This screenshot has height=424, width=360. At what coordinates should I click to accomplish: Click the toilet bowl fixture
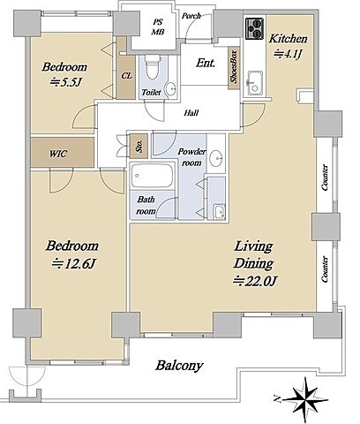[153, 67]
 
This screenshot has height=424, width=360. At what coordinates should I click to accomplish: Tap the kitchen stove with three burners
[255, 28]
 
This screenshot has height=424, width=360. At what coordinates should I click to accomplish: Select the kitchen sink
[255, 83]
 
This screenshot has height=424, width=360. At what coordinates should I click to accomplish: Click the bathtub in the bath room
[152, 176]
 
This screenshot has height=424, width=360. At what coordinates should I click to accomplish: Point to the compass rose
[305, 399]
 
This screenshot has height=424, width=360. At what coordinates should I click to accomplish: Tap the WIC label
[58, 154]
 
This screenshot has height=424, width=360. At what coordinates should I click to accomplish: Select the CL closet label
[126, 76]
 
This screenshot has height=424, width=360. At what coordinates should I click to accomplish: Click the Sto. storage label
[139, 146]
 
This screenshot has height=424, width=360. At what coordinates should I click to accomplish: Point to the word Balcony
[179, 366]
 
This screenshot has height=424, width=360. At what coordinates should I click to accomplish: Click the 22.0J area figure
[255, 281]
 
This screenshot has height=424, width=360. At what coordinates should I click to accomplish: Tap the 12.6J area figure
[74, 263]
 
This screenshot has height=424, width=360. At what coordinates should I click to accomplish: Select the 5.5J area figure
[65, 82]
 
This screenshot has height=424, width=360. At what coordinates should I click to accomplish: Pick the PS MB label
[158, 27]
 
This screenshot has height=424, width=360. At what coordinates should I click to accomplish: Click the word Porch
[191, 16]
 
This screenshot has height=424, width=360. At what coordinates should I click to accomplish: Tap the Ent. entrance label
[206, 63]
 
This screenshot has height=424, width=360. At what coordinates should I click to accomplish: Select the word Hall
[191, 112]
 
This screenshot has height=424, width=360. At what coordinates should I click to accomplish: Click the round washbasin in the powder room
[216, 157]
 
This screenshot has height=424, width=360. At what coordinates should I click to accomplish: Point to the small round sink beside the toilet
[170, 88]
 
